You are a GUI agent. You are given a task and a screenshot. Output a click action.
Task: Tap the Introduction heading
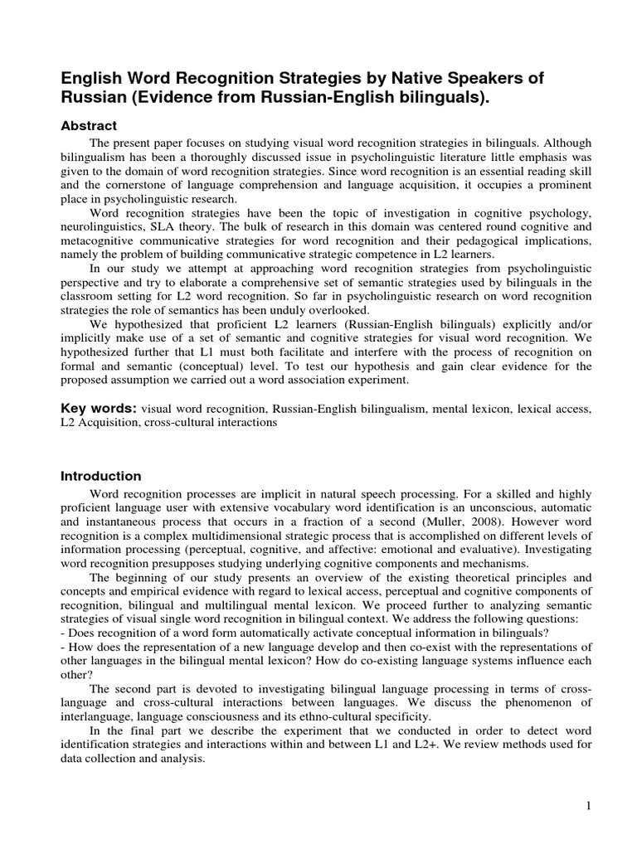coord(101,476)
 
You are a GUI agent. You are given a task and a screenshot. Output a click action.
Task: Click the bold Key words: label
coord(99,409)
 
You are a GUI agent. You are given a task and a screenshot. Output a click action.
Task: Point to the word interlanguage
coord(100,716)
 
